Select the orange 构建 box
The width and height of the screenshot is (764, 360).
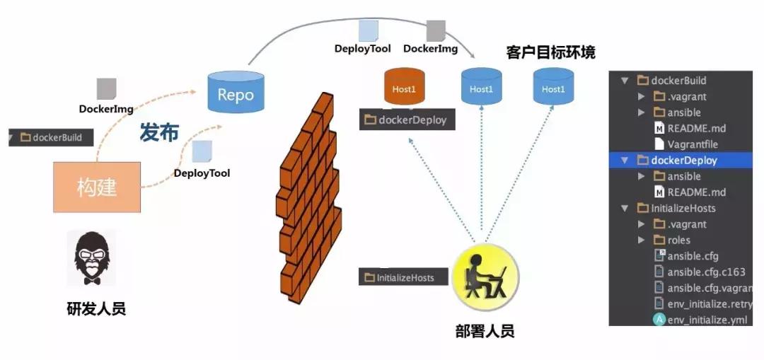[x=97, y=187]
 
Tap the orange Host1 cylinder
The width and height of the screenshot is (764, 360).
[x=405, y=88]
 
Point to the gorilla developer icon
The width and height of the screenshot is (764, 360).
[x=91, y=258]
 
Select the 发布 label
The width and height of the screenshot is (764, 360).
[x=158, y=132]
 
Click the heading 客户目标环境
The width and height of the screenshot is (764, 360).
[x=550, y=52]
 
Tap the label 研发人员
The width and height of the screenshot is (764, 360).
[x=96, y=308]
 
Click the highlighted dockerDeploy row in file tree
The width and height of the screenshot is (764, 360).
[x=683, y=161]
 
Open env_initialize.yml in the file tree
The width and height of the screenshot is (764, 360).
[x=706, y=320]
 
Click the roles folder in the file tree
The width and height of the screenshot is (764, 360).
[x=678, y=240]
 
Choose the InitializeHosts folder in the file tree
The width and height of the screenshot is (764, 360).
[x=683, y=208]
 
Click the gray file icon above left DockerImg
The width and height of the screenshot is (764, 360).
[x=106, y=88]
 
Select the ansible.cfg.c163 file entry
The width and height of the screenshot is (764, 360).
[x=705, y=272]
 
